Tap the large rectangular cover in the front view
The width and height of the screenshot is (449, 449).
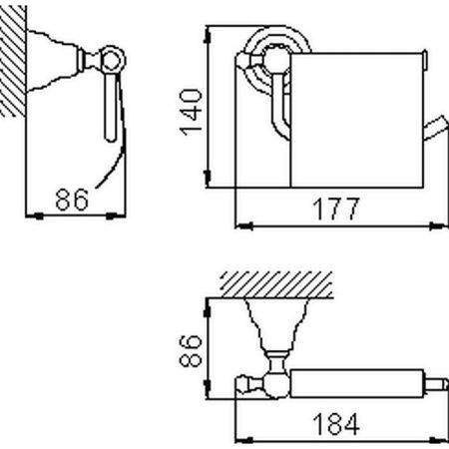click(354, 120)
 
